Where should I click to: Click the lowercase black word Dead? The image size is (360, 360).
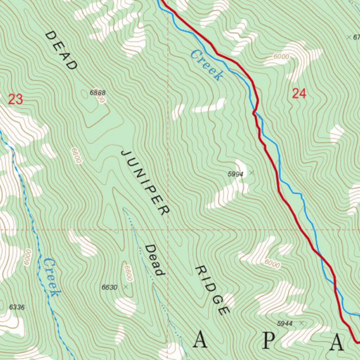coord(155,260)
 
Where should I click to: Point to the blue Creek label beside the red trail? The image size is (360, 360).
coord(207,65)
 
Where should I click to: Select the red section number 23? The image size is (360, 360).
coord(15,99)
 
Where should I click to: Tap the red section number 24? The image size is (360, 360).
coord(299,94)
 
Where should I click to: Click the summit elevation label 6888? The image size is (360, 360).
coord(97,93)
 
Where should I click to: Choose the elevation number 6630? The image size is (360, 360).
coord(109,287)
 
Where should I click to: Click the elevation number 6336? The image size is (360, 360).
coord(17,307)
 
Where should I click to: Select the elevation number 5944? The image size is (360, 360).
coord(285,323)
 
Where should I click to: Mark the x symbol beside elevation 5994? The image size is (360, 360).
coord(251,173)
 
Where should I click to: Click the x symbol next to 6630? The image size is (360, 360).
coord(126,287)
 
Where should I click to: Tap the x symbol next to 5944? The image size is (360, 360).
coord(301,322)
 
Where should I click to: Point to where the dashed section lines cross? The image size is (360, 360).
coord(168,230)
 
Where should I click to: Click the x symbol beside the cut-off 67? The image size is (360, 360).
coord(349,37)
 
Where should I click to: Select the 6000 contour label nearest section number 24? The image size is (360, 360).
coord(281,57)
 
